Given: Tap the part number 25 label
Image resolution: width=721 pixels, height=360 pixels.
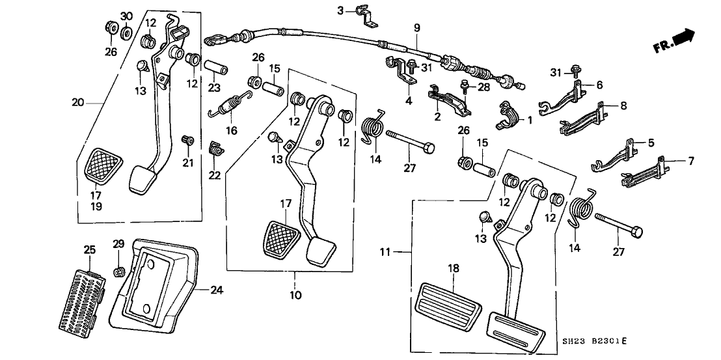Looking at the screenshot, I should [89, 249].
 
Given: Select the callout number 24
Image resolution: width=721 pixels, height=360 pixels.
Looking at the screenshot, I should [217, 290].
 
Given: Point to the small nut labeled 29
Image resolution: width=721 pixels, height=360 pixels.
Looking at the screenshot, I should [119, 271].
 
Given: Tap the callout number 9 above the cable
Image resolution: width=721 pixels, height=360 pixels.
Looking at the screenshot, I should [417, 27].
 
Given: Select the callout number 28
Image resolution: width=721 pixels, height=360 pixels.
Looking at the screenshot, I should [483, 87].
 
